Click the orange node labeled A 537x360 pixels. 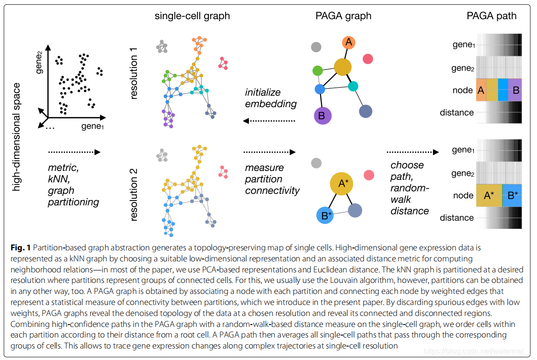pyautogui.click(x=349, y=43)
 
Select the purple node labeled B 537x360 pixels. pyautogui.click(x=322, y=115)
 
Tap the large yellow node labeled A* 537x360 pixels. pyautogui.click(x=343, y=184)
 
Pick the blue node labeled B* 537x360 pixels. pyautogui.click(x=327, y=216)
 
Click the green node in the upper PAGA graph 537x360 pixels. pyautogui.click(x=317, y=71)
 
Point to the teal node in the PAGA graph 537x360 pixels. pyautogui.click(x=353, y=87)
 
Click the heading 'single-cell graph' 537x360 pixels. pyautogui.click(x=192, y=16)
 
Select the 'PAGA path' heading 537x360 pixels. pyautogui.click(x=491, y=16)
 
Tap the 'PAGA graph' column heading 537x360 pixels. pyautogui.click(x=343, y=16)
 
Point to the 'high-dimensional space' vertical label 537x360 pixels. pyautogui.click(x=17, y=137)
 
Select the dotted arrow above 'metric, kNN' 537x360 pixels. pyautogui.click(x=74, y=152)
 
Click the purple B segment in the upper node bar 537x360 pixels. pyautogui.click(x=515, y=90)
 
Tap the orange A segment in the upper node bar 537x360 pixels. pyautogui.click(x=481, y=90)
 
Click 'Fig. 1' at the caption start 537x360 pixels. pyautogui.click(x=21, y=248)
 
